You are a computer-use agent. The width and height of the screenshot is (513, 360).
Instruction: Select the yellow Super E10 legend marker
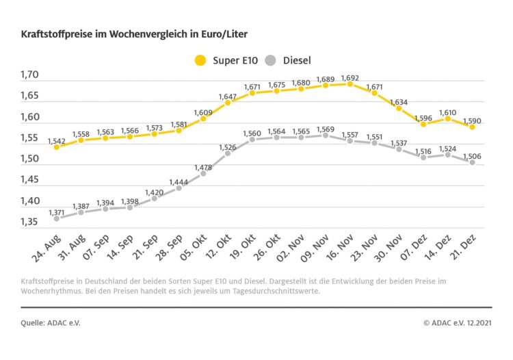(x=200, y=60)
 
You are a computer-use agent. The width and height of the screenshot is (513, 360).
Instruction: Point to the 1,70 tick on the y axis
(x=30, y=75)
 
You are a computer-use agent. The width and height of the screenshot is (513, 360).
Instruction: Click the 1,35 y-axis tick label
(x=30, y=222)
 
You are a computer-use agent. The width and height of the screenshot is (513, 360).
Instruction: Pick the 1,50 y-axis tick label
(x=30, y=159)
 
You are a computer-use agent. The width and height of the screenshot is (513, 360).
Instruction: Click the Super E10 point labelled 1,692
(x=350, y=83)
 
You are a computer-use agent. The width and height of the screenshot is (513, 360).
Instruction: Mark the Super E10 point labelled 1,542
(x=56, y=146)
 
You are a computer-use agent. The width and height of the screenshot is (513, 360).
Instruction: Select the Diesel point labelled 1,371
(x=56, y=218)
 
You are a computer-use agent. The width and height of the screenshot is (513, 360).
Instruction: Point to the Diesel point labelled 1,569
(x=326, y=135)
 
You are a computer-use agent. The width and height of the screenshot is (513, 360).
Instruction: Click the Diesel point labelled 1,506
(x=473, y=162)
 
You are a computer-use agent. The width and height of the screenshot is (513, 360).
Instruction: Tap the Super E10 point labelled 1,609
(x=203, y=118)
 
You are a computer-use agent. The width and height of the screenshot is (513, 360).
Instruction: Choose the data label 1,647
(x=228, y=97)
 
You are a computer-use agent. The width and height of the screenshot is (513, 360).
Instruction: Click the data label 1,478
(x=202, y=167)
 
